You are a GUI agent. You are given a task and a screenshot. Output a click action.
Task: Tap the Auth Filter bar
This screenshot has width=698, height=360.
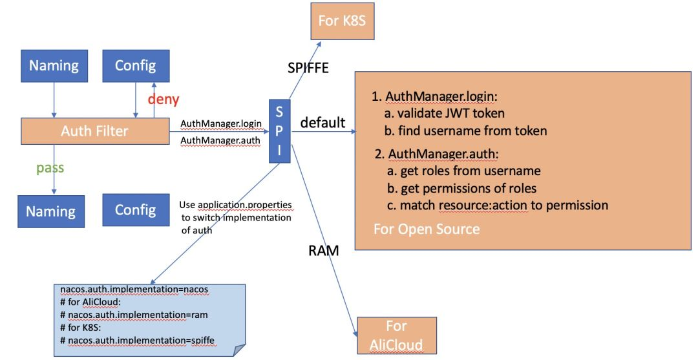click(94, 131)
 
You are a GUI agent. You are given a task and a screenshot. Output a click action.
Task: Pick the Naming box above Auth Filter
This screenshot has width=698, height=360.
click(54, 65)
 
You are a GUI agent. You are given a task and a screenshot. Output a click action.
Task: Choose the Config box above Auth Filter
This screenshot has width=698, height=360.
click(135, 65)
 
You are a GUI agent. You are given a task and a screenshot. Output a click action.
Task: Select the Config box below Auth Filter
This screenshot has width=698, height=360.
click(135, 209)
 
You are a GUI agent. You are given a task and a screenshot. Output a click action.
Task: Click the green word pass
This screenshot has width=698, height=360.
click(50, 167)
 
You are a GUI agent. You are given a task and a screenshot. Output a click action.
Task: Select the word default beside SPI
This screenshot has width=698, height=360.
click(323, 122)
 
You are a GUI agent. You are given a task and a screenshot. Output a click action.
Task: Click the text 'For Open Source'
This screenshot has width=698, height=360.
click(427, 229)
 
